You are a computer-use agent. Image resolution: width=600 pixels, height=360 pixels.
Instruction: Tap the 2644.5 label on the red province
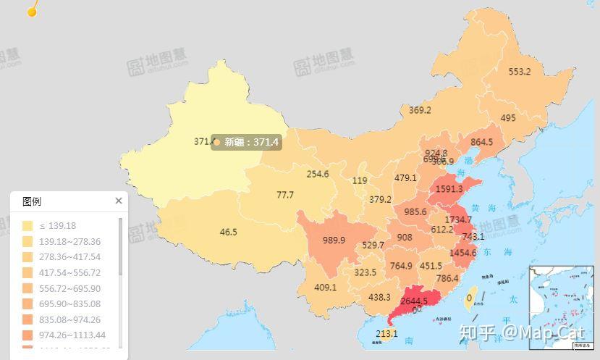point(414,301)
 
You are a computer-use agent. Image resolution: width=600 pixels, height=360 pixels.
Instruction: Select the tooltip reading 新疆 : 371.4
point(246,143)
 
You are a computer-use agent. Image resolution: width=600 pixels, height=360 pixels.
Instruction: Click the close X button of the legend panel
point(119,201)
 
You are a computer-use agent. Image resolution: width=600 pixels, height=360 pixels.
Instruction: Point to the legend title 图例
point(32,201)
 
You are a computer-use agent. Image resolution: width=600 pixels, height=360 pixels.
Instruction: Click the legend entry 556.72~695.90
point(71,288)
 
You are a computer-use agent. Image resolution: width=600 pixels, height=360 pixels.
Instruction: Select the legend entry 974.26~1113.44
point(73,335)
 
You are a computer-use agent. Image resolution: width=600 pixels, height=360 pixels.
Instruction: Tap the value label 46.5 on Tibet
point(229,233)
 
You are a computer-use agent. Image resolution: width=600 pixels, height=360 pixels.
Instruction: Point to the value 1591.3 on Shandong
point(449,189)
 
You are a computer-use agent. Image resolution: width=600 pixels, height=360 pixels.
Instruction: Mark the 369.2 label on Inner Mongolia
point(420,111)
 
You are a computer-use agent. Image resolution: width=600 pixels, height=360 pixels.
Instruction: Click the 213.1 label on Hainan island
point(386,334)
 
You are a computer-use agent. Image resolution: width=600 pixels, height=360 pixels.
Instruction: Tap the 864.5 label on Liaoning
point(481,142)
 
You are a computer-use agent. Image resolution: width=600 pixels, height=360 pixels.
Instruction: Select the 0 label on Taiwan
point(470,297)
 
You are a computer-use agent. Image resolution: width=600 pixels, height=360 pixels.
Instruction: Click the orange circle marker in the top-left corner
point(31,10)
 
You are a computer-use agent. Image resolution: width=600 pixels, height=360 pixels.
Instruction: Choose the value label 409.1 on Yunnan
point(326,287)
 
